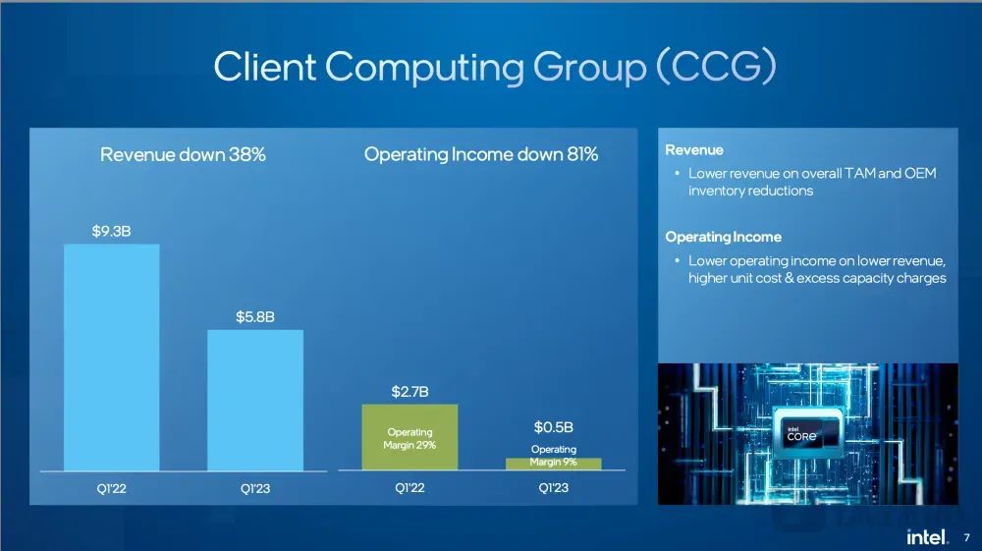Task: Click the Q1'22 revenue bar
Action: point(112,357)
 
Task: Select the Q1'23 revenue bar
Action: point(255,400)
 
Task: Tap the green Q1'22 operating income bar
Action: point(409,437)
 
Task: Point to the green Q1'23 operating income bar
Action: point(554,464)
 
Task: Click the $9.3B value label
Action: point(112,231)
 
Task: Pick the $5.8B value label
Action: point(255,317)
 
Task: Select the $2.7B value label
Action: point(409,392)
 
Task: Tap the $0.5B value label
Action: point(554,427)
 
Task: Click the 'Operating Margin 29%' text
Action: point(409,438)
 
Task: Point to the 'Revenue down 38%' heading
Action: point(183,154)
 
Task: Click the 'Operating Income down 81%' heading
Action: point(481,154)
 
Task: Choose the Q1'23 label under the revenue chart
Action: point(255,488)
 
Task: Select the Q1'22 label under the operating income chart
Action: point(409,488)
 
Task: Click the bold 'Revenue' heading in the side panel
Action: point(694,150)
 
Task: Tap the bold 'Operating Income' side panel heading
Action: point(724,237)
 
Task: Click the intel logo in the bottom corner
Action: point(927,537)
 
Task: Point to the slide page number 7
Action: point(967,538)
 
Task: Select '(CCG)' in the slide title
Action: point(717,67)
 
